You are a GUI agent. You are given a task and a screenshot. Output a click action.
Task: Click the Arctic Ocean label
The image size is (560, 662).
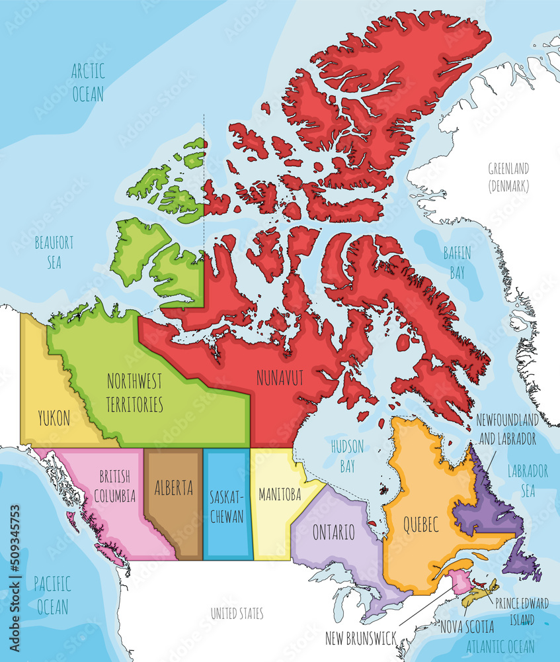click(88, 82)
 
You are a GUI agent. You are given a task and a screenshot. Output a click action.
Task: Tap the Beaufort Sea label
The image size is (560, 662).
click(54, 252)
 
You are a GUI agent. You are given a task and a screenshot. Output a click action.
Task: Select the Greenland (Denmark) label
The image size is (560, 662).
click(508, 177)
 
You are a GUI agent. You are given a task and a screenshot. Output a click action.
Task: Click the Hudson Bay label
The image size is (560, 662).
click(347, 455)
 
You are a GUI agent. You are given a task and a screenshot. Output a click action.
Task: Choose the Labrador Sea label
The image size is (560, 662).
click(528, 481)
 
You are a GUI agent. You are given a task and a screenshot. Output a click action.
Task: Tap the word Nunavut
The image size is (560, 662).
click(280, 378)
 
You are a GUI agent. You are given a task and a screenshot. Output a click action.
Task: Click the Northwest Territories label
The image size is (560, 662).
click(136, 392)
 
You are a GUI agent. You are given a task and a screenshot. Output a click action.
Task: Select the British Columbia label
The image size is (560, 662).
click(118, 486)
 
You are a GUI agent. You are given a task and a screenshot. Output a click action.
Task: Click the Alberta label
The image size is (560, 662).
click(174, 489)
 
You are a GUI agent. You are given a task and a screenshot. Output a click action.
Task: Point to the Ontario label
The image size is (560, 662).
click(334, 532)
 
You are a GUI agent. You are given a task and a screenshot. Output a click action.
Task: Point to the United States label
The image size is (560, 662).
click(237, 614)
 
